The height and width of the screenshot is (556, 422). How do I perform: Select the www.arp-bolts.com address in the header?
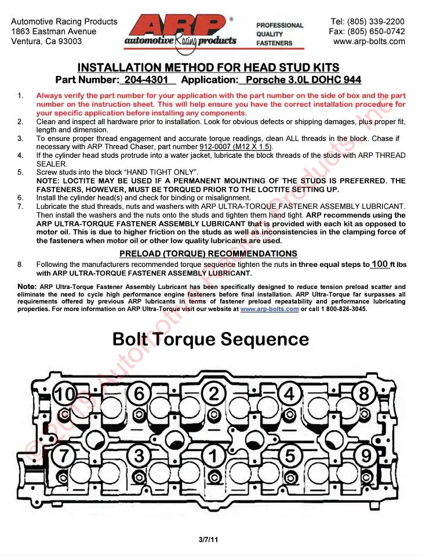point(369,41)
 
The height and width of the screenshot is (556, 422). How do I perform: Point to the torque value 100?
point(380,264)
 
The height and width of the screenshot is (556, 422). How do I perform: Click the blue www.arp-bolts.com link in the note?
point(270,309)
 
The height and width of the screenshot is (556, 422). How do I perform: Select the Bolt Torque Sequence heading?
point(210,339)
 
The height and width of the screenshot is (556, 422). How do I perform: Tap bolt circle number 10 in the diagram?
point(65,394)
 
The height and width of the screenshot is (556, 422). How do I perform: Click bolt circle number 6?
point(139,393)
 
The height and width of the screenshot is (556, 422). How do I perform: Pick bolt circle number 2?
point(214,393)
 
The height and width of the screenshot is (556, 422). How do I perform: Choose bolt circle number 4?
point(289,394)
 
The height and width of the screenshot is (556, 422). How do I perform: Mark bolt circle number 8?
point(364,393)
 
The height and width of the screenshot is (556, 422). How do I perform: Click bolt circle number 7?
point(64,455)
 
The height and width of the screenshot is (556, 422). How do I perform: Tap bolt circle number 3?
point(139,455)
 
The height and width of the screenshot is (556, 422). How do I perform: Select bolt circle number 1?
point(214,456)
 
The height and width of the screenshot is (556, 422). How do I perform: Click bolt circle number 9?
point(366,456)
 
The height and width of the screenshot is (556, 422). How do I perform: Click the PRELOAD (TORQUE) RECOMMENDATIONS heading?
point(208,254)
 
